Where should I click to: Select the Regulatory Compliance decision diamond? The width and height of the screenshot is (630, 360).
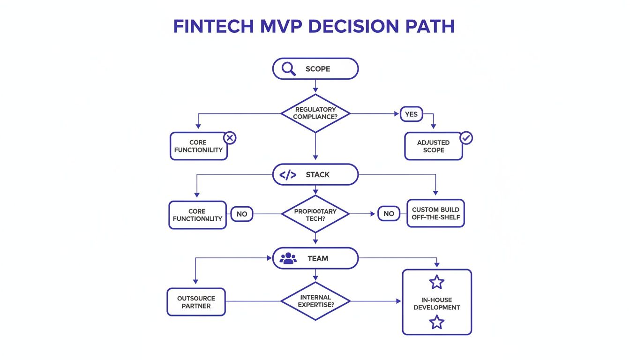tap(315, 113)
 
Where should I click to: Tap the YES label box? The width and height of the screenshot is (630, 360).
tap(411, 113)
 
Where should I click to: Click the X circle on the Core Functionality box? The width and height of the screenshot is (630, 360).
tap(230, 138)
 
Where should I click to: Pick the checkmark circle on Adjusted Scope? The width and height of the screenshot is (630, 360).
tap(466, 138)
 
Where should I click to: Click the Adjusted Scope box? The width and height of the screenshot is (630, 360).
tap(433, 146)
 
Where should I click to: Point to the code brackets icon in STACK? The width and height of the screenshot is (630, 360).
tap(287, 175)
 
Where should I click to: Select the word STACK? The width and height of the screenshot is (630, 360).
tap(318, 175)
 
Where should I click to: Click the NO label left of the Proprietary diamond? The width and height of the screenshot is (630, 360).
tap(241, 214)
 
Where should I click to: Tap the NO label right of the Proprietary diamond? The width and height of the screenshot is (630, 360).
tap(389, 214)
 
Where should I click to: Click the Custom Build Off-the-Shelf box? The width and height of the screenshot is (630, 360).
tap(435, 213)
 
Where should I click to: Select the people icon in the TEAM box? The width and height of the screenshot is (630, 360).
tap(288, 258)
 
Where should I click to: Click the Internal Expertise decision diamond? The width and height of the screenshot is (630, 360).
tap(315, 301)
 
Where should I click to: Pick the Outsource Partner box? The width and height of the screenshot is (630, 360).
tap(196, 302)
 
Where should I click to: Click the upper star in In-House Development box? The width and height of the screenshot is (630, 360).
tap(436, 282)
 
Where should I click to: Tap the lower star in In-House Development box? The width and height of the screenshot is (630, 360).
tap(436, 322)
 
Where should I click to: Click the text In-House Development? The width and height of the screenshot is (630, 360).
tap(436, 303)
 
